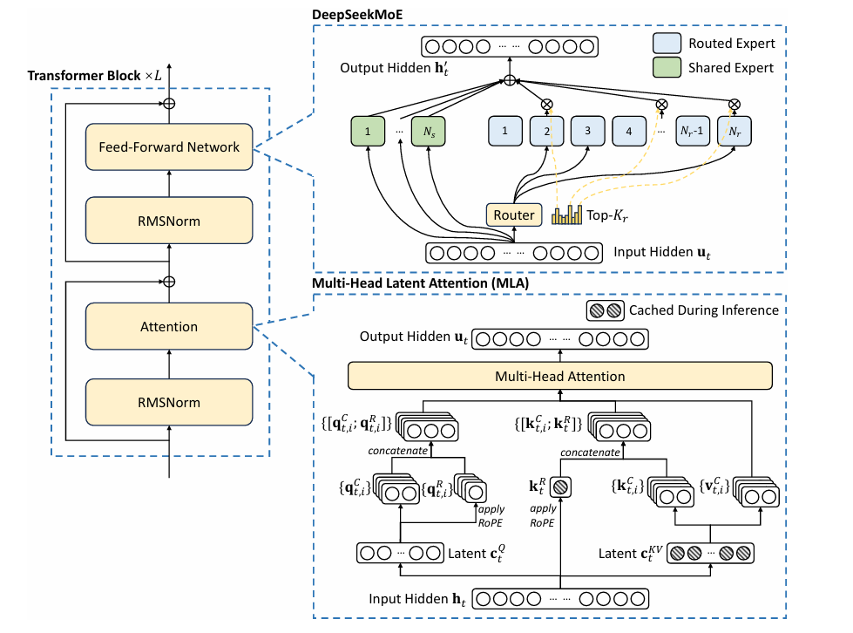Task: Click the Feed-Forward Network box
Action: coord(169,147)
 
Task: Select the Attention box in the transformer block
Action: coord(169,326)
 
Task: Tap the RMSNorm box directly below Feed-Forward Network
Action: coord(169,221)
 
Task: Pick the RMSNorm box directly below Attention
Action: coord(169,402)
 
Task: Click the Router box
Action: coord(513,215)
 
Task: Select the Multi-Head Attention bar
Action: coord(559,376)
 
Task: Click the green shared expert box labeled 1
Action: coord(368,131)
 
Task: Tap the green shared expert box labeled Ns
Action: coord(429,131)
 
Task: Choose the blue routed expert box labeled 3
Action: coord(587,131)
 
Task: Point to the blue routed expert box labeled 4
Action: coord(629,131)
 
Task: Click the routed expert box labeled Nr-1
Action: coord(693,131)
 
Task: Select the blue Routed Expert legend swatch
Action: coord(667,43)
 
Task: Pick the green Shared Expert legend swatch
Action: coord(667,67)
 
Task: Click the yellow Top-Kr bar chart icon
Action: coord(566,215)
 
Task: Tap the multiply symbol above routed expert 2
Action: coord(546,104)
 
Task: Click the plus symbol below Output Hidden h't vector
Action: coord(509,80)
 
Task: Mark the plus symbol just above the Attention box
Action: coord(169,282)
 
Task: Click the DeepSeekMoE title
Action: coord(357,15)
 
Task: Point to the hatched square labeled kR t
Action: coord(560,487)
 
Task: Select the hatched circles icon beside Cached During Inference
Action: coord(605,310)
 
